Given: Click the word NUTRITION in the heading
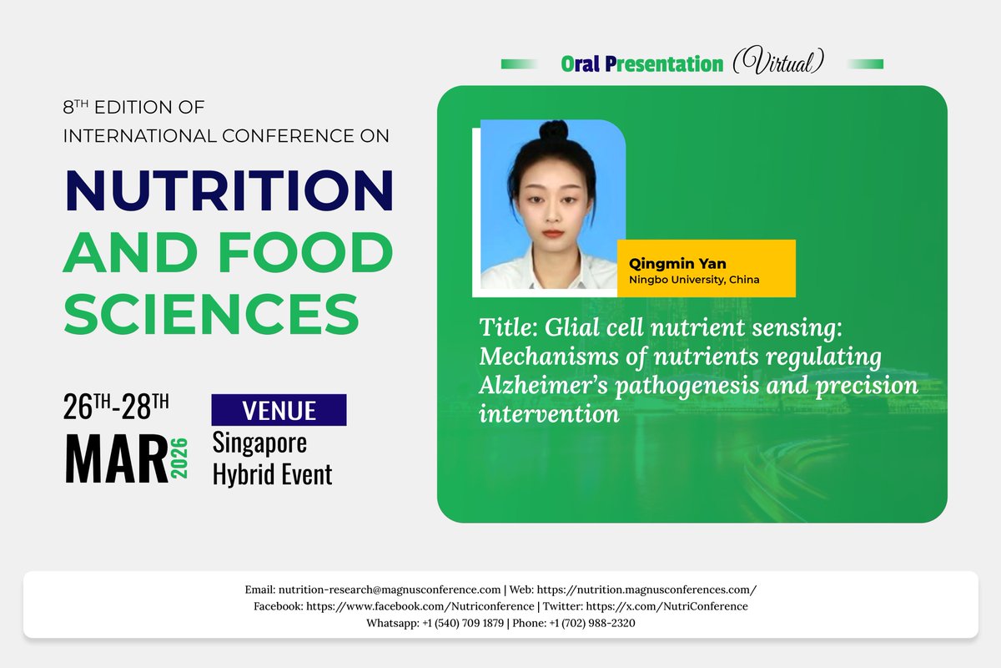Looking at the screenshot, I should (x=229, y=190).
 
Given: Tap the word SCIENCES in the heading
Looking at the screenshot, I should (x=211, y=314).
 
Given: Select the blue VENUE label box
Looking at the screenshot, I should (x=279, y=410).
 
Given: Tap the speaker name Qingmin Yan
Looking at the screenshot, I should (x=666, y=264).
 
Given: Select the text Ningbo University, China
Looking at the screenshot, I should (x=694, y=280).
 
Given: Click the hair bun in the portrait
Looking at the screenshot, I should (x=553, y=133).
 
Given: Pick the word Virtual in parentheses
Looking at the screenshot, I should (x=778, y=63).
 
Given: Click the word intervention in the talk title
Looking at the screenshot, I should (x=549, y=413).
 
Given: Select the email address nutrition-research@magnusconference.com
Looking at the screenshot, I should (x=390, y=590).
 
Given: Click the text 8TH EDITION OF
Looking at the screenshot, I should (x=133, y=108).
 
